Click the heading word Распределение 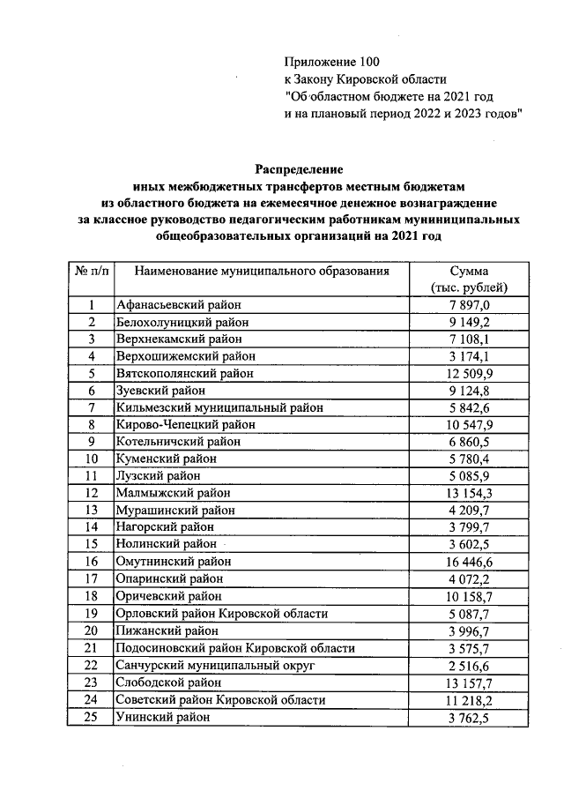point(299,168)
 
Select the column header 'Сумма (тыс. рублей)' point(468,280)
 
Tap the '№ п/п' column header point(91,272)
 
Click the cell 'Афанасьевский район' point(177,305)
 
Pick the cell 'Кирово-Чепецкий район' point(186,425)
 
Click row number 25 point(91,717)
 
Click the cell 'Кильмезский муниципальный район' point(219,408)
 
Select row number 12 point(91,494)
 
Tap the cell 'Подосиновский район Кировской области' point(235,648)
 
